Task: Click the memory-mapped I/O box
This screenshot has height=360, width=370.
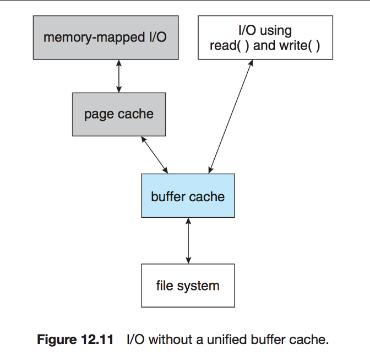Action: [104, 37]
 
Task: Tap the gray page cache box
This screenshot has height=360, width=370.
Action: [119, 114]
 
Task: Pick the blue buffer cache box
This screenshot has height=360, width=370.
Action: [188, 196]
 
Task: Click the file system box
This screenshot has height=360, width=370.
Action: [188, 286]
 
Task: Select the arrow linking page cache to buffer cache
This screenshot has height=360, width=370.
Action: [155, 154]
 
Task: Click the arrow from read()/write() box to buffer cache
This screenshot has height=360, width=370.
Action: [230, 116]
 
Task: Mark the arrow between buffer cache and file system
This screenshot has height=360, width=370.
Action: [188, 241]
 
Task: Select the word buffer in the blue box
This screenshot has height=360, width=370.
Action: [167, 196]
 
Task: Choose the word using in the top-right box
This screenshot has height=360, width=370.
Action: [276, 30]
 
